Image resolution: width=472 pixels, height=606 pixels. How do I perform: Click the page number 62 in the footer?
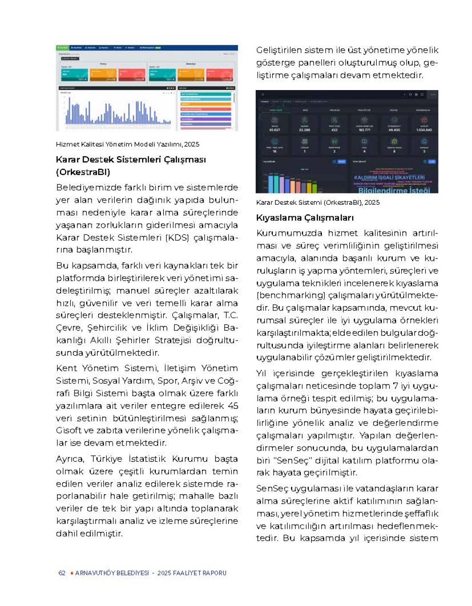pos(62,573)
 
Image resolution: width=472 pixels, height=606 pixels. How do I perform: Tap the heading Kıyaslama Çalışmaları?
pos(304,218)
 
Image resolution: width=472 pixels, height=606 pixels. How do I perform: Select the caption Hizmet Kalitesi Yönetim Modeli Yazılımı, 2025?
pos(127,144)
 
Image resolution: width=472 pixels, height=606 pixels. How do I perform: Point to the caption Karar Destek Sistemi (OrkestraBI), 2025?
pos(318,202)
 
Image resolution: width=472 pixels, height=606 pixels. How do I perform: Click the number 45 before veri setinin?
pos(233,406)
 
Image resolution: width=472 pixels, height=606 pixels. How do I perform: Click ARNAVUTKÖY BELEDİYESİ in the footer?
pos(112,573)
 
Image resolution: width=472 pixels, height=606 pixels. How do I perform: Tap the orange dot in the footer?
pos(72,573)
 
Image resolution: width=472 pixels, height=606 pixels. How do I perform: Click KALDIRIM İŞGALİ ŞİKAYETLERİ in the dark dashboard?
pos(389,177)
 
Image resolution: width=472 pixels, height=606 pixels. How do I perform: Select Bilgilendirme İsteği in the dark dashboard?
pos(394,190)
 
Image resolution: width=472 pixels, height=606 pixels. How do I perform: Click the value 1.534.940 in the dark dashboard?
pos(424,130)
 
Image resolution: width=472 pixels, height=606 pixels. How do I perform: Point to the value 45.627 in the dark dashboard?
pos(274,130)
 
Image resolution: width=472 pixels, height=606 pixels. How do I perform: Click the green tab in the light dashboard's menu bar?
pos(63,48)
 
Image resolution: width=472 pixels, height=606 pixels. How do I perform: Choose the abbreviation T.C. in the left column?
pos(230,315)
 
